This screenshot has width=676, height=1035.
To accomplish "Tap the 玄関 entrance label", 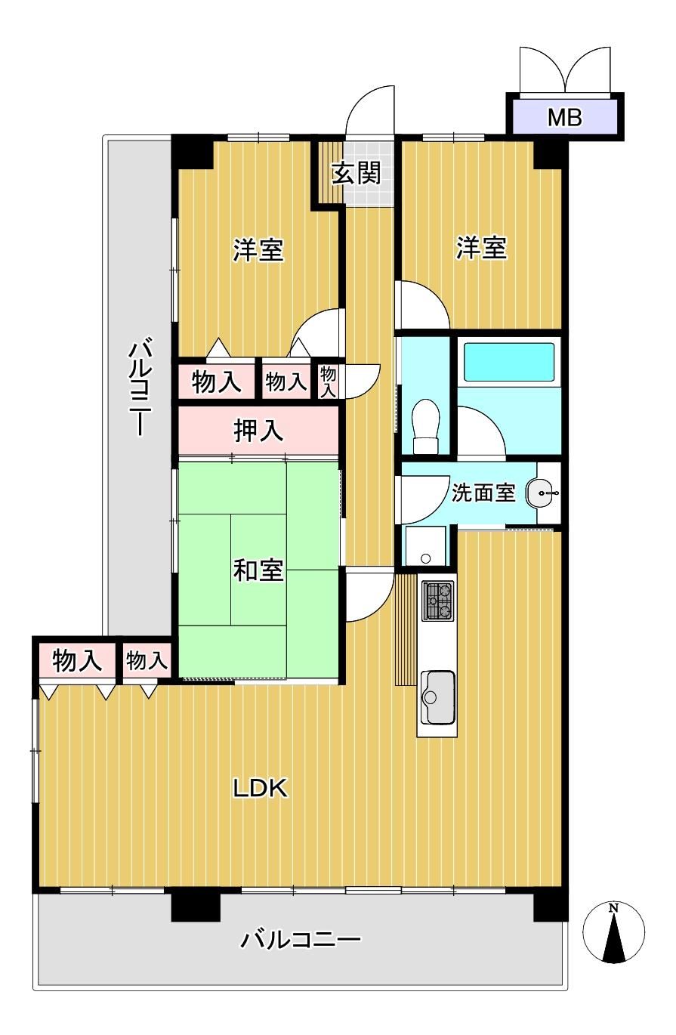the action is tap(356, 173).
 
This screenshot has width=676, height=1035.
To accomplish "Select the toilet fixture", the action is tap(425, 426).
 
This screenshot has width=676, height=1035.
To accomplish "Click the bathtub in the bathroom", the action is tap(508, 361).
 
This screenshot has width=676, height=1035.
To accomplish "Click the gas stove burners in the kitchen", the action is tap(437, 600).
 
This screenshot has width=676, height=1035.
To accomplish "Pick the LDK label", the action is tap(260, 788).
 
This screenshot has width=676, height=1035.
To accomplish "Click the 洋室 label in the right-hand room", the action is tap(481, 247).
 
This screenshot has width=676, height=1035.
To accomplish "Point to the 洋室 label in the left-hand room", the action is tap(258, 249).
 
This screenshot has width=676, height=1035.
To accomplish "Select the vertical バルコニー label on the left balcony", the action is tap(140, 388).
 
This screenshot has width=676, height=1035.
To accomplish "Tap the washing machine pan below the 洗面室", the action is tap(425, 545).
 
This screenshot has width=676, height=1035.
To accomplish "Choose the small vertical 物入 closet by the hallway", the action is tap(328, 382).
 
